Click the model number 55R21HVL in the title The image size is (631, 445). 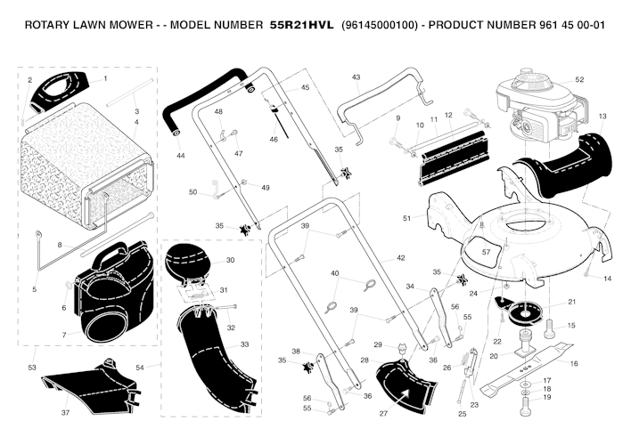[301, 25]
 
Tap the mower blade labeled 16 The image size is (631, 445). [527, 368]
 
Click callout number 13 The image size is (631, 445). [602, 117]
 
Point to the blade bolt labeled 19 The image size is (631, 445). [527, 407]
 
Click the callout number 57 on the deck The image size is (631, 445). [486, 252]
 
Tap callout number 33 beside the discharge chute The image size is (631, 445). [244, 344]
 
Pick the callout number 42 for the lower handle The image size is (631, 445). [401, 258]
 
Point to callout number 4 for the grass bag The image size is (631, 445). [137, 122]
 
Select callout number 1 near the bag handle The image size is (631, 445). [105, 78]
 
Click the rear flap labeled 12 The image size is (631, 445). [454, 158]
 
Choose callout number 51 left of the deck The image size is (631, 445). [406, 218]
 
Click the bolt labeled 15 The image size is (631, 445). [551, 329]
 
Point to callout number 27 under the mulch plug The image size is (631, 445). [383, 413]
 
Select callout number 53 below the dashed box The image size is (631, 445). [32, 367]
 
